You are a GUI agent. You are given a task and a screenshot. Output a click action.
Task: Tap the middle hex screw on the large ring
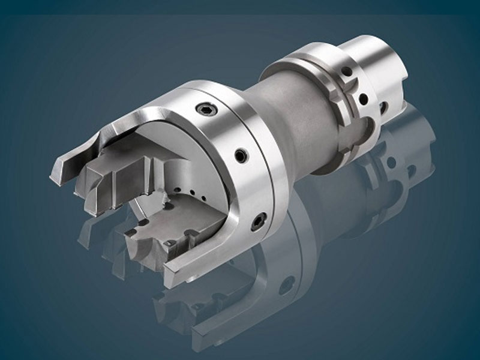point(241,156)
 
